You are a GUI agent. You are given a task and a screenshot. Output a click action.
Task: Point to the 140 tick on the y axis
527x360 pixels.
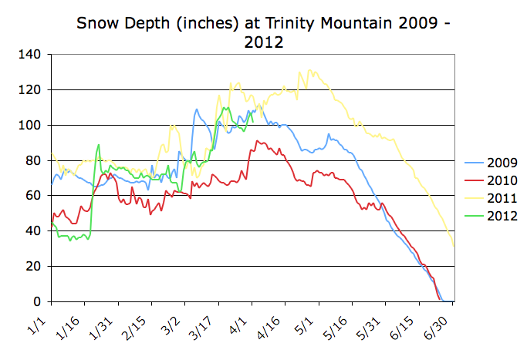[32, 55]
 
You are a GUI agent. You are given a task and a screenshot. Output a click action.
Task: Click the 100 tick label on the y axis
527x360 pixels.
[32, 125]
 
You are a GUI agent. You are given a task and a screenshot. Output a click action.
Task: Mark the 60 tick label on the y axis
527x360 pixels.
[35, 196]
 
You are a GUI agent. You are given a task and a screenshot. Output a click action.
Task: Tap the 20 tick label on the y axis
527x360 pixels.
[35, 266]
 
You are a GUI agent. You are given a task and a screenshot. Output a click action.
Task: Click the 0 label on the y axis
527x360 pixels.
[39, 301]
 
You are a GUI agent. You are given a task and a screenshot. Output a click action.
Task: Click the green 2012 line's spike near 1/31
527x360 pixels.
[99, 145]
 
